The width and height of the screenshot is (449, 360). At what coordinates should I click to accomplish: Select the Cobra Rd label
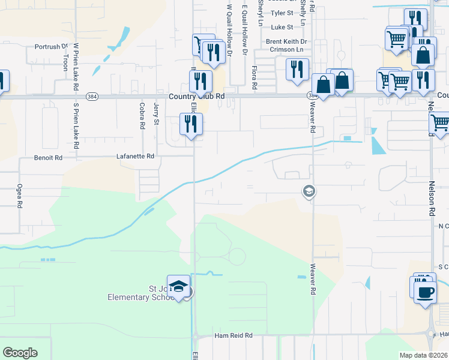coord(142,116)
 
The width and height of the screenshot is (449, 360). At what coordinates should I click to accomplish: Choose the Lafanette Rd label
coord(135,156)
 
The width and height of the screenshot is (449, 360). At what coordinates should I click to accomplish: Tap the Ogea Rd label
coord(20,196)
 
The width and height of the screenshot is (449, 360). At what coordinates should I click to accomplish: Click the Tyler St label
coord(282,13)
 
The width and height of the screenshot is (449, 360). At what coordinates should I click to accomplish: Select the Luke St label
coord(282,27)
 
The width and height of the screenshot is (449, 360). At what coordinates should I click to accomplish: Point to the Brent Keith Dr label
coord(286,41)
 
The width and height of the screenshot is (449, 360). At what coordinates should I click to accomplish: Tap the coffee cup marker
coord(426,293)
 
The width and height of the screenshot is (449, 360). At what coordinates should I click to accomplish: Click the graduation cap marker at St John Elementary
coord(179,286)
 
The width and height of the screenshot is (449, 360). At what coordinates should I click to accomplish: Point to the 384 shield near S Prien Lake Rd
coord(91,96)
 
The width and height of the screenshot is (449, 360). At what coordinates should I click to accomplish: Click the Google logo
coord(20,352)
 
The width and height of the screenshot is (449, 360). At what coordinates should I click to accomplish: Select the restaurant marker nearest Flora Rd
coord(297,69)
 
